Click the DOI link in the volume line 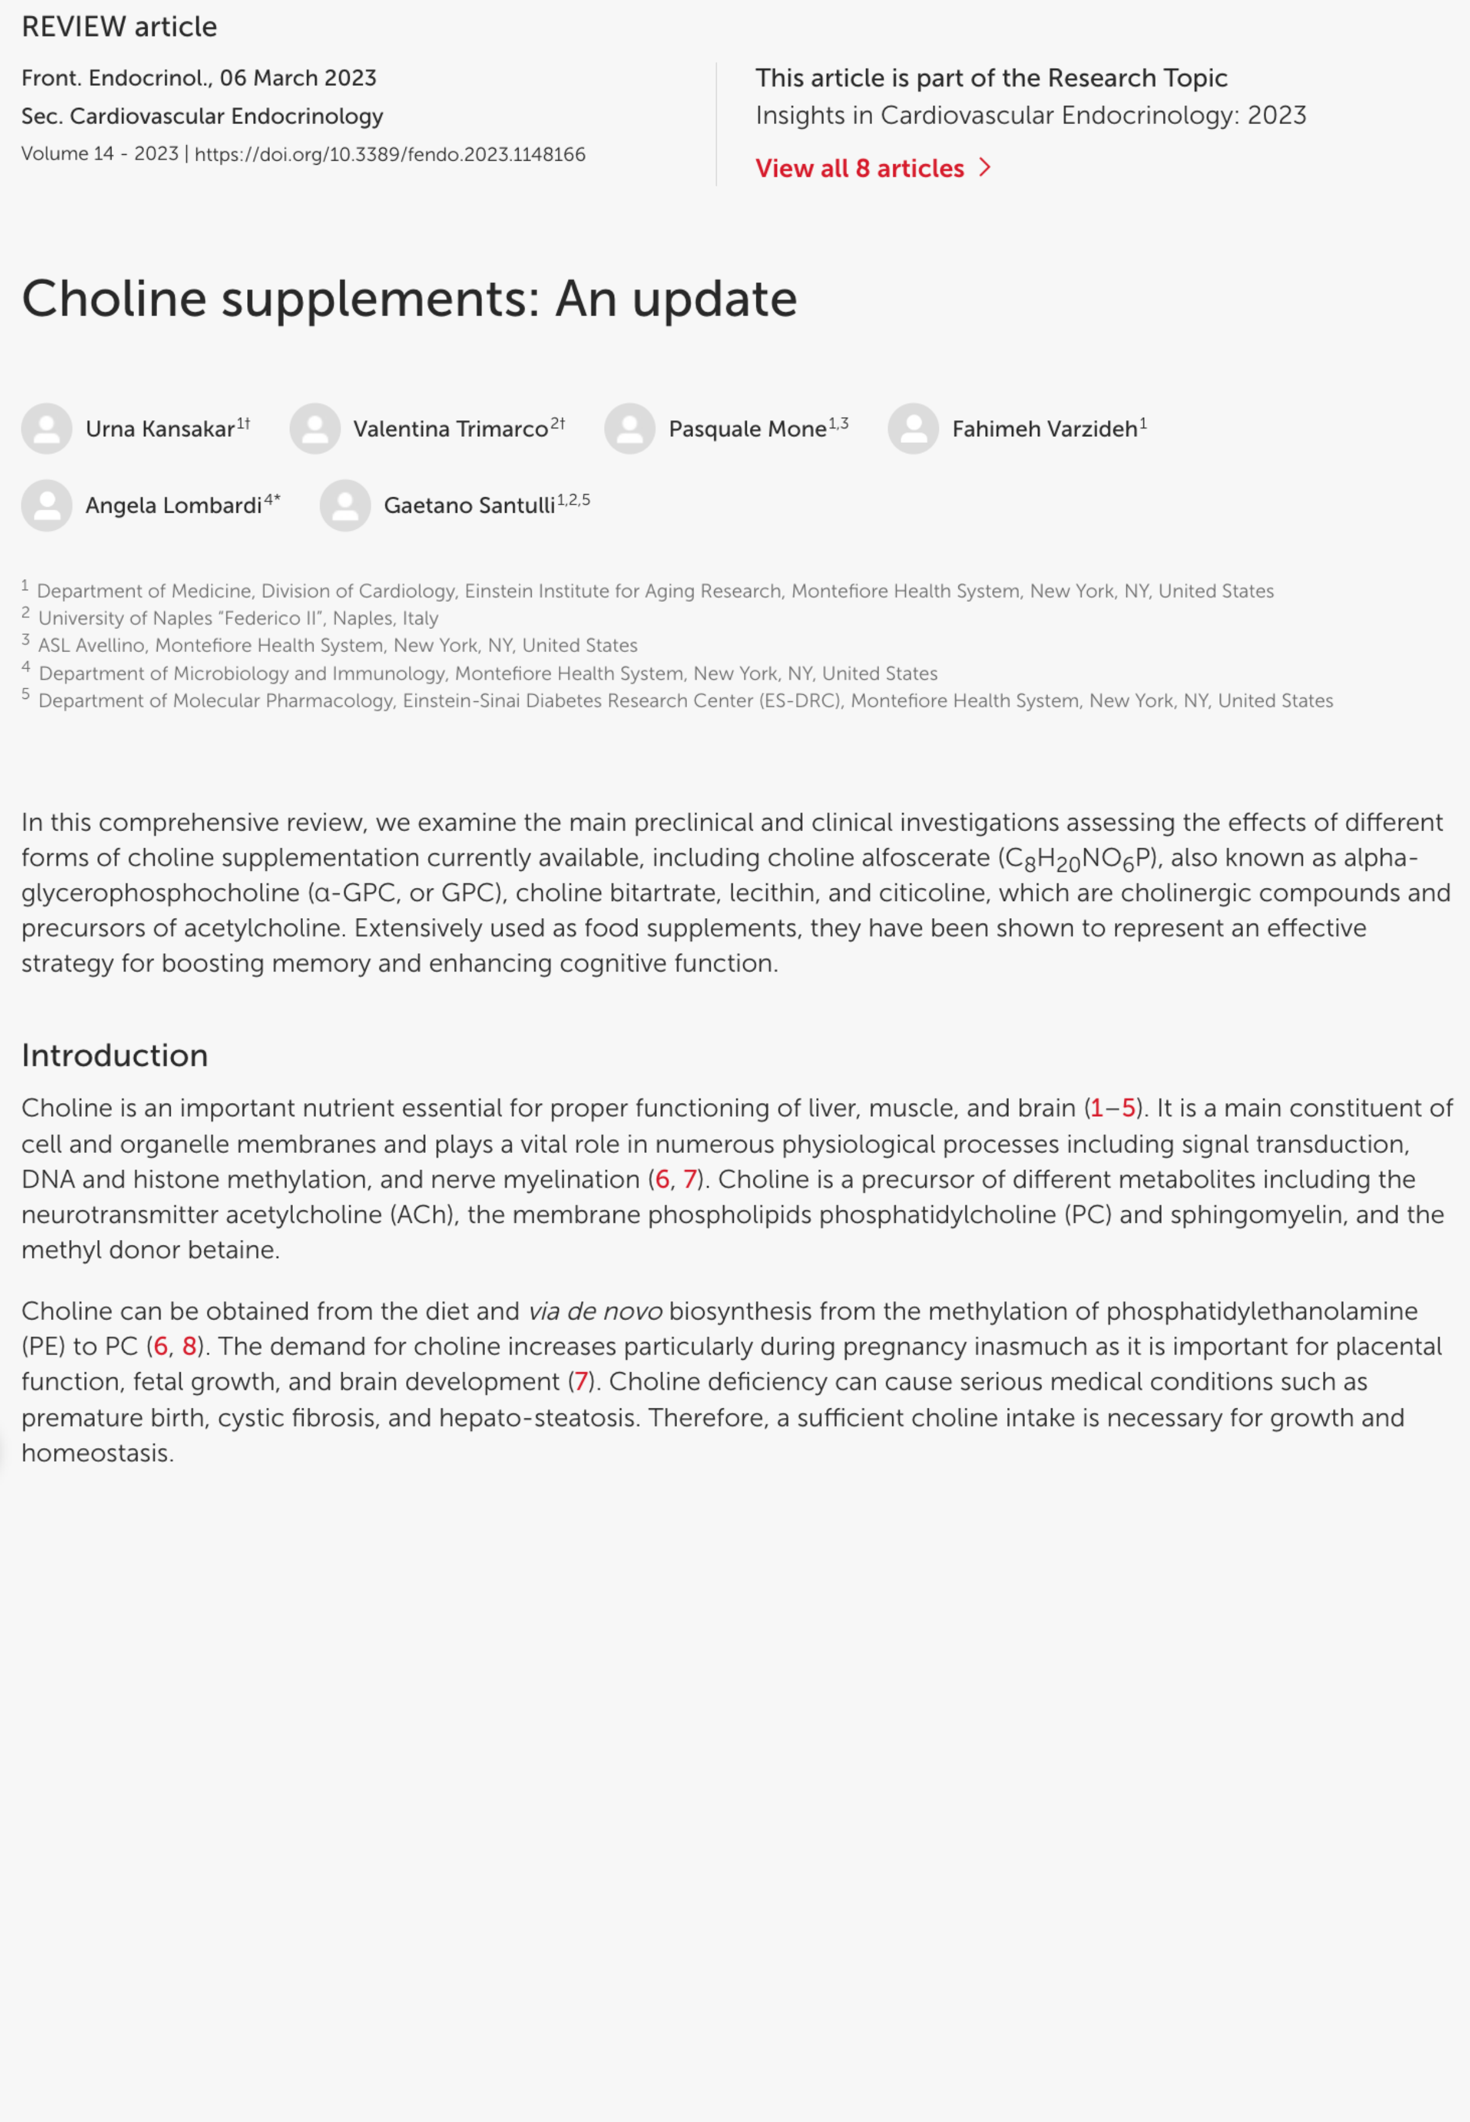(x=389, y=155)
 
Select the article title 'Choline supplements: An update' (x=409, y=299)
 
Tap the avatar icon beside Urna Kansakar (x=47, y=429)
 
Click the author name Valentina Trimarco (x=450, y=429)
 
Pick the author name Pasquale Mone (x=747, y=429)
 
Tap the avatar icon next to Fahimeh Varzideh (x=913, y=429)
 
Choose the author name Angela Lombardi (x=173, y=506)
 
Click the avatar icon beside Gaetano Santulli (x=346, y=506)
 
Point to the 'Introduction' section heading (x=115, y=1056)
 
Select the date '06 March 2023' (x=298, y=78)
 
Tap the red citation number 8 (x=189, y=1347)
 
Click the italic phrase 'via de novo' (x=594, y=1312)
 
